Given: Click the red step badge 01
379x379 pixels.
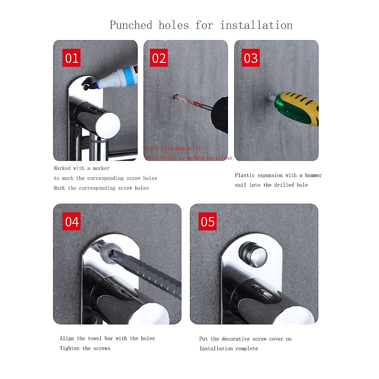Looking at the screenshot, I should [x=71, y=58].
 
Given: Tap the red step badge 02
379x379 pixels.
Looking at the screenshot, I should [x=159, y=58].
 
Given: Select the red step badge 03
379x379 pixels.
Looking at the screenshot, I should [x=250, y=58].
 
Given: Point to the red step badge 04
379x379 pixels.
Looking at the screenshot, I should [x=71, y=221].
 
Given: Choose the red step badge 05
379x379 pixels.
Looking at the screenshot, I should [x=208, y=221].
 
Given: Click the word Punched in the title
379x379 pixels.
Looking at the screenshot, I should [x=131, y=25].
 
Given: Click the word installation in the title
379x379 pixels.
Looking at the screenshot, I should [x=256, y=25].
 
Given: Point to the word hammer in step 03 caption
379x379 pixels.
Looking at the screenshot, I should [x=313, y=175].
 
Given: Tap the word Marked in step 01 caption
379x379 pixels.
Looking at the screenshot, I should [x=62, y=168].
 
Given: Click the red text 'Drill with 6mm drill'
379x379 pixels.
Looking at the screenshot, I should [x=173, y=148].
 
